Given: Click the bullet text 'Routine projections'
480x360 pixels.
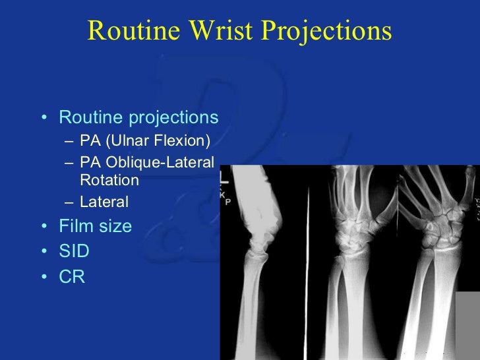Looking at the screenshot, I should coord(138,118).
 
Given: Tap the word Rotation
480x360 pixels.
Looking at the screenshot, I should coord(109,180).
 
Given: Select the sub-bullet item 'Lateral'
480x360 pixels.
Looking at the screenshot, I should coord(104,202).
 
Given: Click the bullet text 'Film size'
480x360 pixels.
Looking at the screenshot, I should coord(96,226).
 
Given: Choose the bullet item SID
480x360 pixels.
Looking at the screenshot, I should coord(74,252).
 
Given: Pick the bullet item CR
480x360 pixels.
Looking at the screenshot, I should coord(72,278).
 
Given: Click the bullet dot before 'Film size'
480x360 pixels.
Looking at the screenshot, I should coord(44,227).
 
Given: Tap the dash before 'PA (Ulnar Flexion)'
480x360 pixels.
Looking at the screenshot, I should coord(69,142).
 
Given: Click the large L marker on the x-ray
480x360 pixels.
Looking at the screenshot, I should coord(224,177).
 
